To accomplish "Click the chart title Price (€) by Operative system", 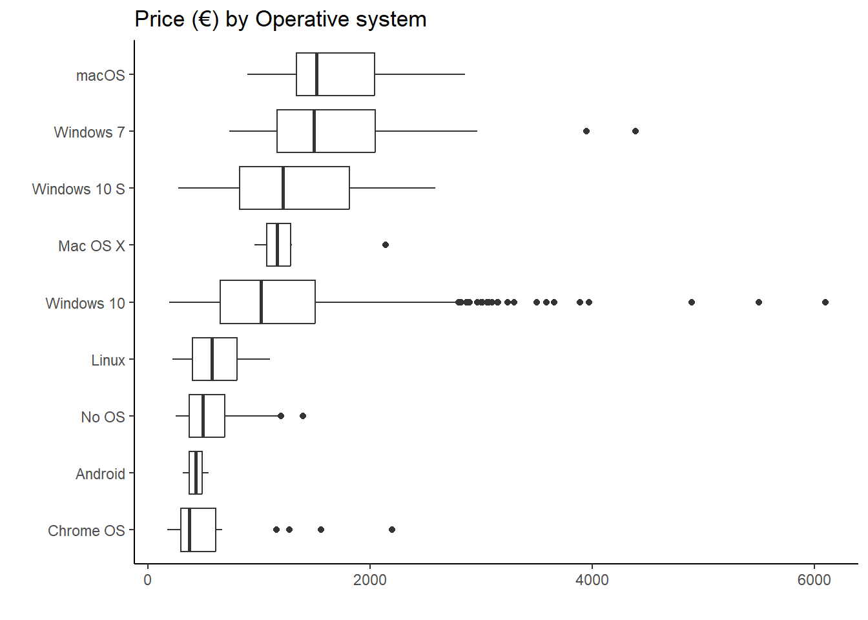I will click(x=280, y=19).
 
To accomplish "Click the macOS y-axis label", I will click(x=100, y=76).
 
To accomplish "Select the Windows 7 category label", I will click(x=89, y=132).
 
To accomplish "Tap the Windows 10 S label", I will click(x=78, y=189).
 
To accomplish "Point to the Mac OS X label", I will click(x=91, y=246).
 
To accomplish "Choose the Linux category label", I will click(x=108, y=360).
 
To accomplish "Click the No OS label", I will click(x=103, y=417).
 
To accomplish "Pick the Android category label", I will click(x=100, y=474).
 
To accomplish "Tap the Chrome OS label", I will click(x=86, y=531).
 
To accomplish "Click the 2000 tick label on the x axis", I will click(x=370, y=580).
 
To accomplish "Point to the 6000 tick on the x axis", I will click(x=814, y=580).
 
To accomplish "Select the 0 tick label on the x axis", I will click(x=148, y=580).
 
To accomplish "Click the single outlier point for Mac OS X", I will click(x=386, y=245).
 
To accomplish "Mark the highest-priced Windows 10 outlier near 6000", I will click(x=825, y=302).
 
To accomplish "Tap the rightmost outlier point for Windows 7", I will click(x=635, y=131).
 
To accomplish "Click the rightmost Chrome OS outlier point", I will click(x=392, y=530).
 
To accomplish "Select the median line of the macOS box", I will click(x=316, y=74).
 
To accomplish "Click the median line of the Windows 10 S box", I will click(x=283, y=188).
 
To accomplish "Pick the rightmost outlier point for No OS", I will click(x=303, y=416).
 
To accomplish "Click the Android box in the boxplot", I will click(x=196, y=473).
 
